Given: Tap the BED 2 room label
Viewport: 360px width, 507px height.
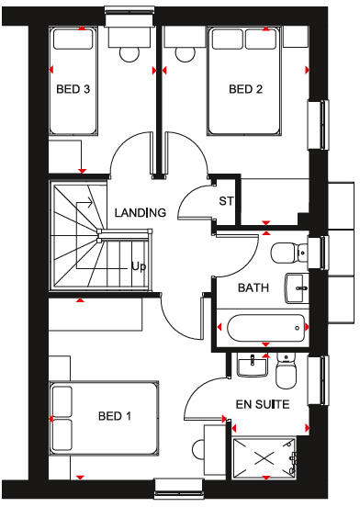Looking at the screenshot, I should click(246, 89).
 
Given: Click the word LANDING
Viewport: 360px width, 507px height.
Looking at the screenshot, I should click(140, 213).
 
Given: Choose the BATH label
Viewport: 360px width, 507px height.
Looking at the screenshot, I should click(253, 287).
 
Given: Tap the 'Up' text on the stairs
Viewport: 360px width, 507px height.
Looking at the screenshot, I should click(139, 266).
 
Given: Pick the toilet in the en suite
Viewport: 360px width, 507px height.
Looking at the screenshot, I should click(286, 373).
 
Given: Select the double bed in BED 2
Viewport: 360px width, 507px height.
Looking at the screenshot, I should click(245, 81).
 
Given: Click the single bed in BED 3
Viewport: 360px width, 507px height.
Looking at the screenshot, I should click(72, 83).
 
